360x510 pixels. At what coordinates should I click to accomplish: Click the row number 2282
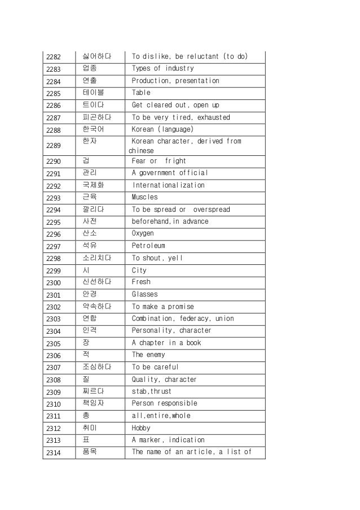coord(54,57)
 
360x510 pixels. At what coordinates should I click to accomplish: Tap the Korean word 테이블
coord(93,92)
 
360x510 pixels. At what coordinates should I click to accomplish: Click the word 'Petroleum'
coord(148,246)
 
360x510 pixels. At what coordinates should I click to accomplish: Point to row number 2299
coord(54,270)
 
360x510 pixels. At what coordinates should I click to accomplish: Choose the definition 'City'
coord(139,270)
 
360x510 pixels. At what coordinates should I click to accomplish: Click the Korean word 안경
coord(89,294)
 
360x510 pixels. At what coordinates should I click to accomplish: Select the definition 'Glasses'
coord(145,294)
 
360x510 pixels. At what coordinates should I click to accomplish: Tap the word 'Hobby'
coord(141,428)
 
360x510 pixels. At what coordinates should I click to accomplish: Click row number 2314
coord(54,452)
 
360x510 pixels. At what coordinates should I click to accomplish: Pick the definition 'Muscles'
coord(145,197)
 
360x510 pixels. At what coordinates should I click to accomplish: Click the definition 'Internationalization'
coord(168,185)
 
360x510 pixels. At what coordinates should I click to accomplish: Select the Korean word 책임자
coord(93,403)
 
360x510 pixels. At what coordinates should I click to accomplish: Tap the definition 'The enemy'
coord(148,355)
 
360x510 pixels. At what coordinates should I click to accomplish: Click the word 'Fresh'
coord(141,281)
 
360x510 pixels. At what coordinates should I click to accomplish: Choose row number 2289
coord(54,146)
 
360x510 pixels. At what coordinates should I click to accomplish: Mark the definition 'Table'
coord(141,93)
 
